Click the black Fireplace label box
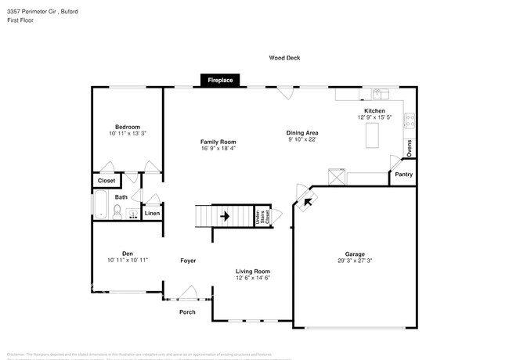pos(220,80)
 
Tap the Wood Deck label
pos(284,58)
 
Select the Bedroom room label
pos(128,127)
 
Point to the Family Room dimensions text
pos(218,148)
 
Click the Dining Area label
pos(301,133)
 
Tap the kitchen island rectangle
pos(370,135)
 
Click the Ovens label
pos(409,146)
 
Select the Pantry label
pos(404,175)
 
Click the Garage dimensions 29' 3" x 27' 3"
pos(356,261)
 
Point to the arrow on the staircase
pos(226,215)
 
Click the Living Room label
pos(253,271)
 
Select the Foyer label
pos(188,260)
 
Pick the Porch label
pos(187,312)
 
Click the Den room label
pos(127,253)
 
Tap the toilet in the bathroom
pos(116,211)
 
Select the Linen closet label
pos(152,213)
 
